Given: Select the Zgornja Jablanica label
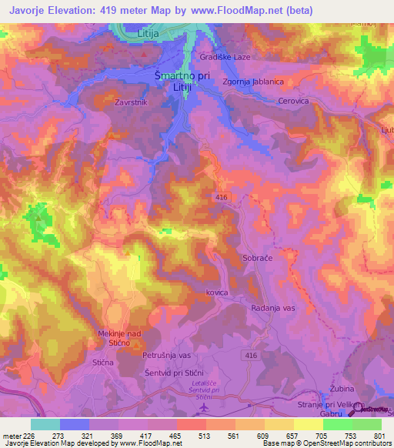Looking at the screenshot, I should pyautogui.click(x=252, y=82).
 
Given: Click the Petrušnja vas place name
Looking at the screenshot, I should pyautogui.click(x=166, y=356).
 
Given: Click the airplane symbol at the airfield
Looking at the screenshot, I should pyautogui.click(x=202, y=407).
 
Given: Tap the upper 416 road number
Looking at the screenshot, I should pyautogui.click(x=222, y=198).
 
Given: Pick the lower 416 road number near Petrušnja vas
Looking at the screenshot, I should pyautogui.click(x=251, y=354).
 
